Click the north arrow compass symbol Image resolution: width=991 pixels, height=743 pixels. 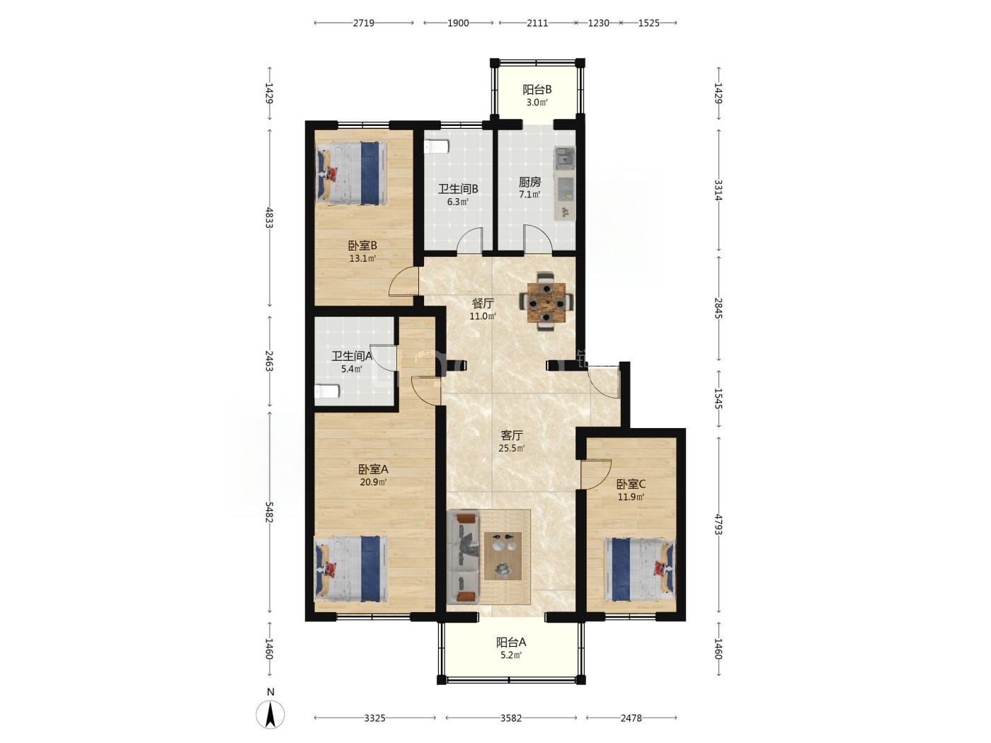point(270,714)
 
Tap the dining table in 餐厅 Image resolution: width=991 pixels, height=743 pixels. point(546,302)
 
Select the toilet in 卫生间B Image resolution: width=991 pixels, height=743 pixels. point(436,146)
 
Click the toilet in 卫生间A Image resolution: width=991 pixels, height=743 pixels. point(327,391)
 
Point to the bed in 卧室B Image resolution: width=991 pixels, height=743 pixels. point(351,173)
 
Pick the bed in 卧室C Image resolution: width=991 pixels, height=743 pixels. point(640,570)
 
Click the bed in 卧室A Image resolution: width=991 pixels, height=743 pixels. point(351,568)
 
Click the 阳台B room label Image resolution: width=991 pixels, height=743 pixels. point(537,90)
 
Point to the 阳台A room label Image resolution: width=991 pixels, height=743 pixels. point(511,642)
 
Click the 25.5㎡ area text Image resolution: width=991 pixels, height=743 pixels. point(512,449)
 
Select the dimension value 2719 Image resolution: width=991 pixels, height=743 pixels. point(363,23)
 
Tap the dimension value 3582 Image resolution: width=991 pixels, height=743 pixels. point(511,718)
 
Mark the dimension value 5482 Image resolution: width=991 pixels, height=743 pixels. point(269,512)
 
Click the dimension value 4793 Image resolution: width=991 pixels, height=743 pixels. point(718,524)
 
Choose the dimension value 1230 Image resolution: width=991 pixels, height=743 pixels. point(598,23)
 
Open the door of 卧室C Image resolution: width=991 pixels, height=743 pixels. point(596,474)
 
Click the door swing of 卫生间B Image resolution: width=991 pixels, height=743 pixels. point(469,239)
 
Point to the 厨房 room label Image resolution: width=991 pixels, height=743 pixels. point(529,183)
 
